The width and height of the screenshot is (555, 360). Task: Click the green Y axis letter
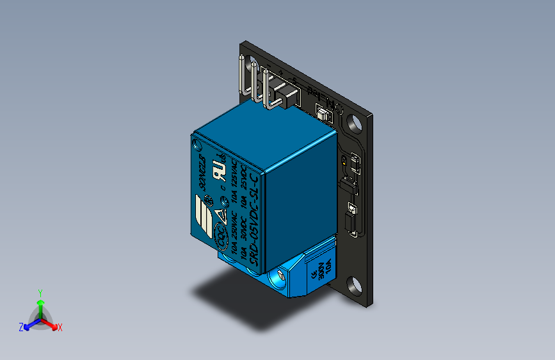point(40,292)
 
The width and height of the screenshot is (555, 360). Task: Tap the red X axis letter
point(60,327)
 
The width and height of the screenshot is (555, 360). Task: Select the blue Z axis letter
point(21,327)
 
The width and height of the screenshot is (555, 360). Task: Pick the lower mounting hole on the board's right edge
point(354,284)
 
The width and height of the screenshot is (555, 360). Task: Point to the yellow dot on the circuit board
point(345,162)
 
